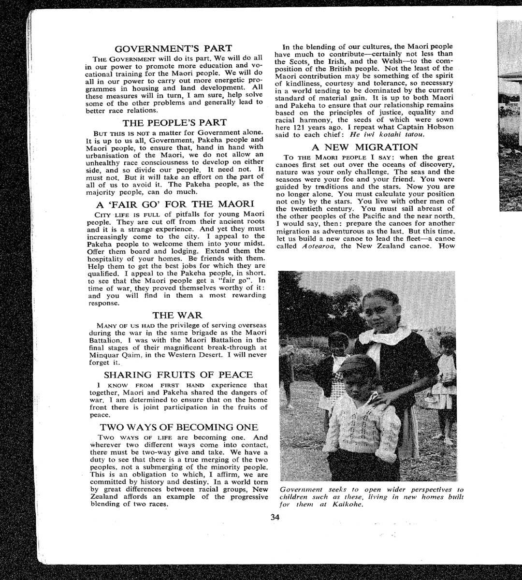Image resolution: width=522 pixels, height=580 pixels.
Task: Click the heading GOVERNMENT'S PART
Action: pyautogui.click(x=173, y=48)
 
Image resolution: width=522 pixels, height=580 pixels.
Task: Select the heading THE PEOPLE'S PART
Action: pyautogui.click(x=174, y=123)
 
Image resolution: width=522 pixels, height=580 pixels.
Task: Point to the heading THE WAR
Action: pyautogui.click(x=177, y=316)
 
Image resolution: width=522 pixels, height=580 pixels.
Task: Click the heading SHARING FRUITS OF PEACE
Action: pyautogui.click(x=178, y=375)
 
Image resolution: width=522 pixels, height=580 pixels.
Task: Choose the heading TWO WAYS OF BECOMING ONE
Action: pyautogui.click(x=179, y=427)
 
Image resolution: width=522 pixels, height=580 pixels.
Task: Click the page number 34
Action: pyautogui.click(x=275, y=517)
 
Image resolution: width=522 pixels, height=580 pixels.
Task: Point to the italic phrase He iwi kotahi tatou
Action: pyautogui.click(x=387, y=134)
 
